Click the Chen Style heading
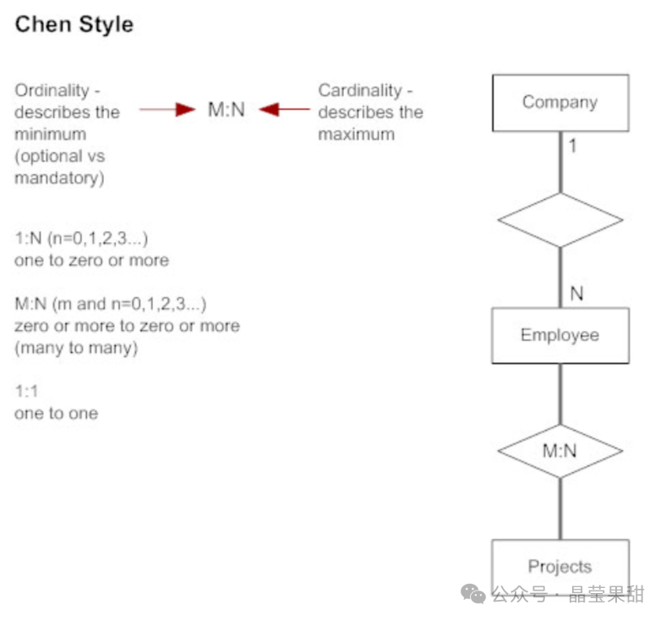tap(74, 25)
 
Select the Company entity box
tap(560, 102)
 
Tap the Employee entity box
tap(560, 335)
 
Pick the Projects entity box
tap(560, 565)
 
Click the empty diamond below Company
tap(560, 220)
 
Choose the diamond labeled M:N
tap(560, 450)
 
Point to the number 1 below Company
tap(572, 146)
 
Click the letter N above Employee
tap(576, 294)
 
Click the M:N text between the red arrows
tap(226, 109)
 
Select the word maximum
tap(356, 135)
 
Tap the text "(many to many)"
tap(75, 348)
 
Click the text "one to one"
tap(56, 414)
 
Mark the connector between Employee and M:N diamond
tap(560, 393)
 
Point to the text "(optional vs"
tap(59, 157)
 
